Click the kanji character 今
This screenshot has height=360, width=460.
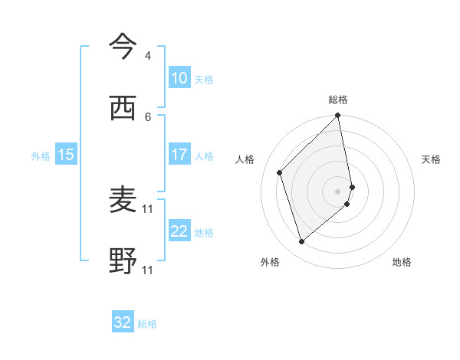coord(123,48)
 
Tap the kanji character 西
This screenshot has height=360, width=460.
coord(123,110)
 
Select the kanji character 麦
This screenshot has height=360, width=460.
coord(123,201)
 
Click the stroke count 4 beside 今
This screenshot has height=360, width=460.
coord(147,56)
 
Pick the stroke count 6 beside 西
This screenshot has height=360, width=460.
coord(147,116)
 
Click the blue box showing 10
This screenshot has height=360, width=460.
coord(179,78)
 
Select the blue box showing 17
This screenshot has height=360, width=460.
coord(179,155)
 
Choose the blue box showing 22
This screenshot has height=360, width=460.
coord(179,231)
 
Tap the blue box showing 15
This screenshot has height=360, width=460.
coord(66,155)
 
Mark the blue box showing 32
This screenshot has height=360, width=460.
coord(123,322)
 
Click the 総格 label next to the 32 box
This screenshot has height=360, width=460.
coord(147,324)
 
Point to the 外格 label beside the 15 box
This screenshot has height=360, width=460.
coord(41,156)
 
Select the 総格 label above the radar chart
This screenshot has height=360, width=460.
coord(338,100)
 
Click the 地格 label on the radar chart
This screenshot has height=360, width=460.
coord(402,262)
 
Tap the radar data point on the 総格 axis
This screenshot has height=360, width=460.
coord(338,116)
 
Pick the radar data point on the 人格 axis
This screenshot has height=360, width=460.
coord(280,172)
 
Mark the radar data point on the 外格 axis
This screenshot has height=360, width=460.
coord(301,242)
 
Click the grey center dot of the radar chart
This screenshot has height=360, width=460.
coord(338,191)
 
